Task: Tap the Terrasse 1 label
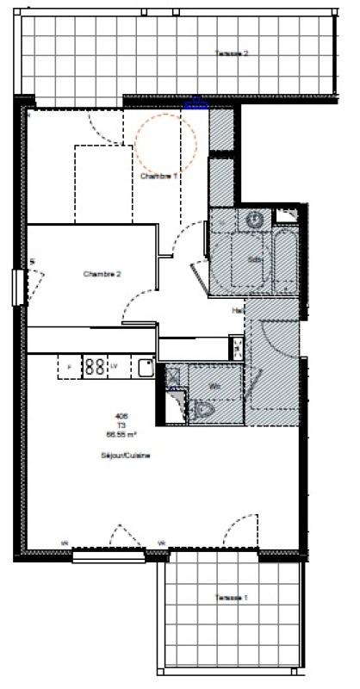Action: [x=232, y=597]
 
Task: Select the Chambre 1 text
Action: [x=159, y=176]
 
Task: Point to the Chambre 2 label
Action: [x=102, y=274]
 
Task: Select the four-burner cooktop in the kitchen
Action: [x=95, y=367]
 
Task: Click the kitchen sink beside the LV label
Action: [x=145, y=369]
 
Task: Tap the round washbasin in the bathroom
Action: [x=255, y=220]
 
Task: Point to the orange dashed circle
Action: [x=166, y=142]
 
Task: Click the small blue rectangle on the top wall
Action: [x=197, y=105]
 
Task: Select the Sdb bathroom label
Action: [x=254, y=259]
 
